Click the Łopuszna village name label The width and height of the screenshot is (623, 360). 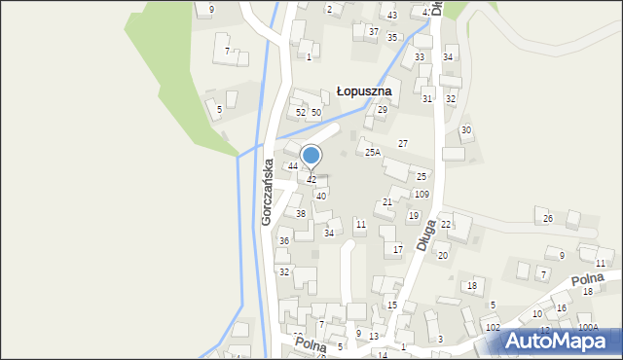(363, 90)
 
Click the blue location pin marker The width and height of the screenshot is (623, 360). (311, 156)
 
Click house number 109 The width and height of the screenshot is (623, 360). (421, 195)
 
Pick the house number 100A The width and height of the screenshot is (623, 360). (587, 328)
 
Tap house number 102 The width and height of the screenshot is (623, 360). (493, 327)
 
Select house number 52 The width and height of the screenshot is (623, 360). (301, 113)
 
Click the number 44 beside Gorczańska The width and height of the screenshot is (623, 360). (292, 166)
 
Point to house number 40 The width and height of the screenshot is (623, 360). (320, 196)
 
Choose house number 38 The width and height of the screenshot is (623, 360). (301, 213)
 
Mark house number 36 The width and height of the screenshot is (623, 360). (284, 240)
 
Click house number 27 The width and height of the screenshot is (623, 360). (402, 144)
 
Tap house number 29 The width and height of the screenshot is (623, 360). (383, 110)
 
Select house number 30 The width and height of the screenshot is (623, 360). (466, 130)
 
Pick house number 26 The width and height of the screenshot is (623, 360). (548, 219)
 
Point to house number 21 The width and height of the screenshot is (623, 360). (386, 201)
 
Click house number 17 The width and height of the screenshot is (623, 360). (397, 250)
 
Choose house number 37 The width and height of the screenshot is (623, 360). (373, 31)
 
